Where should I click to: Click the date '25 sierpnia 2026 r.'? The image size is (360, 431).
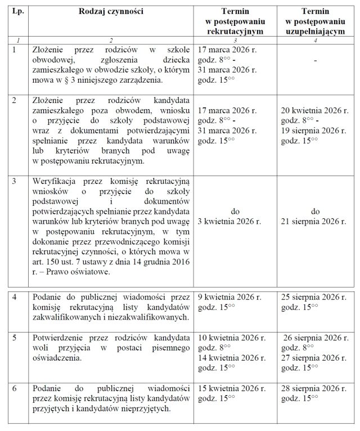click(x=313, y=296)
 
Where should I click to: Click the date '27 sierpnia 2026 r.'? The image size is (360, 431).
click(x=313, y=357)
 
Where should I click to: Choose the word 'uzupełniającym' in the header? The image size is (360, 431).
click(x=315, y=32)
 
